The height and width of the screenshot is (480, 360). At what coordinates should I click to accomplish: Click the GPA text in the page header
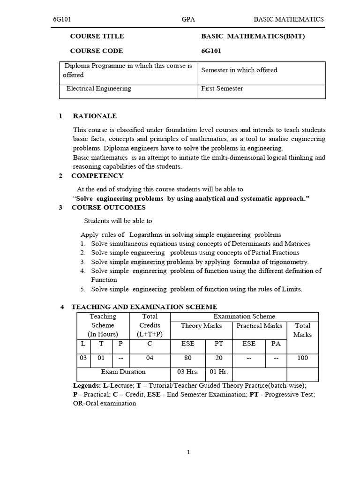188,19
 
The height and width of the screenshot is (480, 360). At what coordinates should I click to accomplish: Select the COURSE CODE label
97,51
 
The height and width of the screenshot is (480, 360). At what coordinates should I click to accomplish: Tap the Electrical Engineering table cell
99,88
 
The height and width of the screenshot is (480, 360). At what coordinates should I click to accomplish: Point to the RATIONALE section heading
95,116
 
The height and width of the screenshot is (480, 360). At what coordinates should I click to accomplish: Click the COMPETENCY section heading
97,176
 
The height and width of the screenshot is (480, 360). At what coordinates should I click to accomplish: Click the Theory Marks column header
202,325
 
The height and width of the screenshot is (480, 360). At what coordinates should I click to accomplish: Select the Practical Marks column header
259,325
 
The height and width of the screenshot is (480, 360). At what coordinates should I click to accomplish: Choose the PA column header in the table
276,344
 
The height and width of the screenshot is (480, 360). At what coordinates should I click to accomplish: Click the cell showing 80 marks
187,358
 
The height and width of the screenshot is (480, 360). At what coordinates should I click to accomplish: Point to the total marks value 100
303,358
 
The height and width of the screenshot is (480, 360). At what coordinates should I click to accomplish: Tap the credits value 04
150,358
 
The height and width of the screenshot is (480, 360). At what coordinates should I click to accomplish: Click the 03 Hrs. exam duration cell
187,372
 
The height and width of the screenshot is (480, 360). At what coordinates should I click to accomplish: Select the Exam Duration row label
123,372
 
